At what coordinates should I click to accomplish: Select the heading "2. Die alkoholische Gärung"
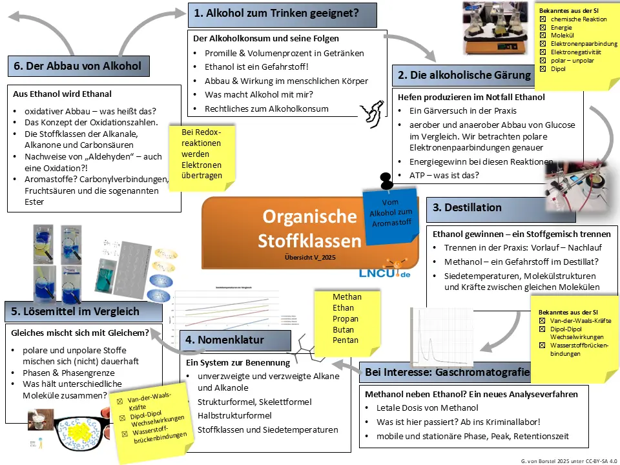pos(462,75)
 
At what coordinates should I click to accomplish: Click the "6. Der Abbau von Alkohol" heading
pos(77,66)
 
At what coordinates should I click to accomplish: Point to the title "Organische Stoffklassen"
pos(309,228)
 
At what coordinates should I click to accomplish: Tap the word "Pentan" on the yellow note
pos(346,340)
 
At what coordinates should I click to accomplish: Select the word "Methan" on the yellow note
pos(347,297)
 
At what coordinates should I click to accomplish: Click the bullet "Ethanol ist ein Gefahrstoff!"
pos(257,67)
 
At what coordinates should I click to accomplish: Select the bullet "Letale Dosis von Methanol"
pos(427,408)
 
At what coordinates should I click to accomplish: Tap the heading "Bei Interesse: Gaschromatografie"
pos(447,373)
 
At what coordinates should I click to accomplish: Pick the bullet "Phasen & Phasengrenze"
pos(68,373)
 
